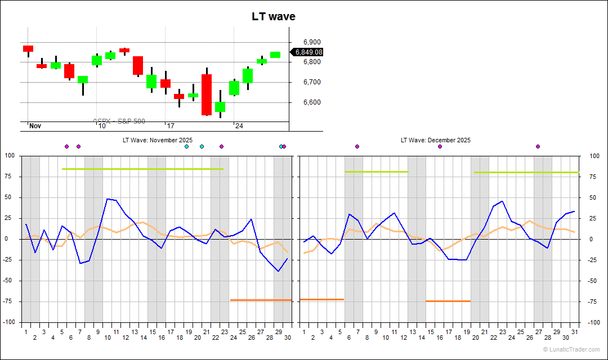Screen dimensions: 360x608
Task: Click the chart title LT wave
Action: (x=273, y=17)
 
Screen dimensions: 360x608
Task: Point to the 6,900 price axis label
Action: (x=311, y=42)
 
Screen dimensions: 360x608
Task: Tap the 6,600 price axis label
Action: (x=311, y=102)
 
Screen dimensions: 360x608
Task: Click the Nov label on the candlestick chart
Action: (x=35, y=126)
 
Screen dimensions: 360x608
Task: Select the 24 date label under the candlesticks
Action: (x=239, y=126)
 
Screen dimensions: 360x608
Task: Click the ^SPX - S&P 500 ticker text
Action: (x=119, y=121)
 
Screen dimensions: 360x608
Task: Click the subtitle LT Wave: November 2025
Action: (x=158, y=140)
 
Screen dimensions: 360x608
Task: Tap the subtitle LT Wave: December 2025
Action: (x=436, y=140)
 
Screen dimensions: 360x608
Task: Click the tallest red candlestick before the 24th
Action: (x=207, y=94)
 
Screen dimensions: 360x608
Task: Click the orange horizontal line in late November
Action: (x=261, y=300)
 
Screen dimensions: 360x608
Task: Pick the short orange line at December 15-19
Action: (x=448, y=301)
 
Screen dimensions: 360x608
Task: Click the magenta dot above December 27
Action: (x=538, y=146)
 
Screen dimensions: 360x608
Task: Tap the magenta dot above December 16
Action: (x=440, y=146)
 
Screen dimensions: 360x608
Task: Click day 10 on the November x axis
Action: (x=107, y=337)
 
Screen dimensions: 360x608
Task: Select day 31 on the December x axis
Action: (x=574, y=332)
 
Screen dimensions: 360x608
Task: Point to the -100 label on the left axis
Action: (x=10, y=322)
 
